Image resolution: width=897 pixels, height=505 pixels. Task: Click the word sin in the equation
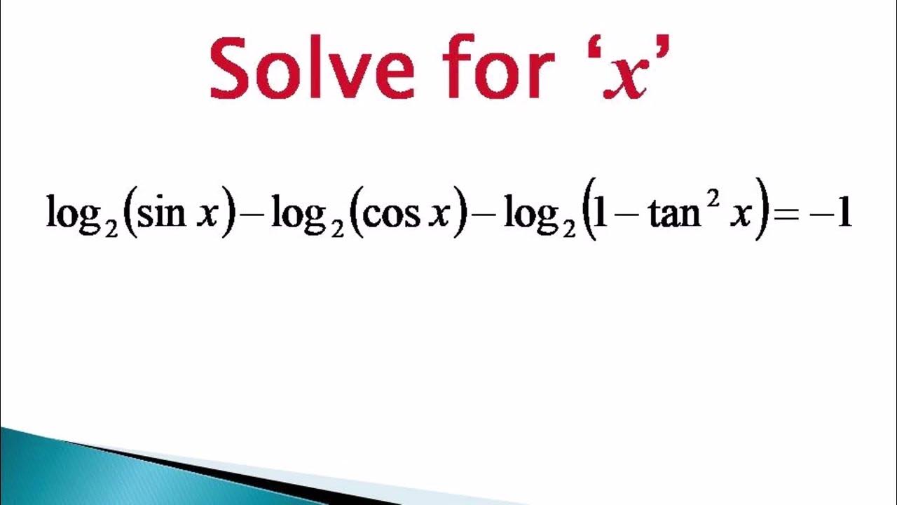[x=161, y=212]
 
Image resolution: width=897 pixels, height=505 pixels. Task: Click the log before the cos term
[x=299, y=213]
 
